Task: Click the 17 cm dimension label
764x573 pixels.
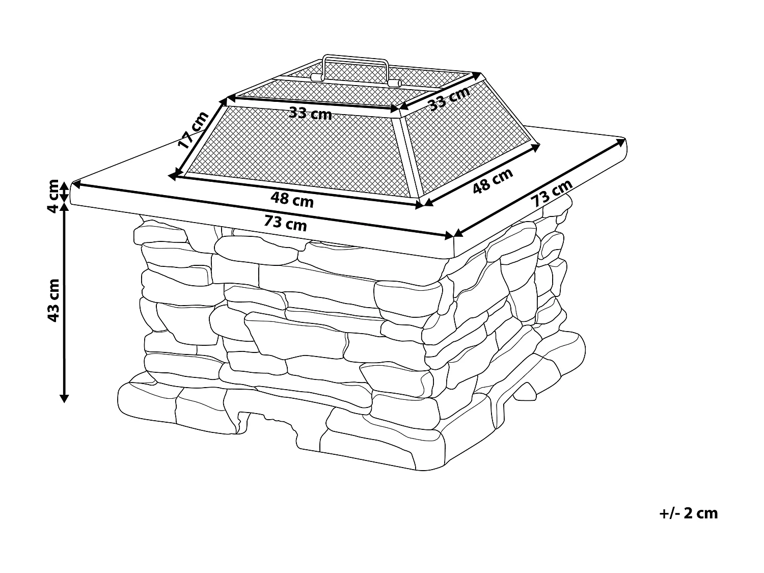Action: (x=193, y=130)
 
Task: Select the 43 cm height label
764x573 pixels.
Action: (x=53, y=300)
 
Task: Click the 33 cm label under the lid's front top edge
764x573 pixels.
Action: (x=310, y=114)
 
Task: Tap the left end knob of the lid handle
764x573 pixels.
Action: (x=316, y=77)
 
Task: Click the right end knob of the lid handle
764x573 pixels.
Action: (x=394, y=83)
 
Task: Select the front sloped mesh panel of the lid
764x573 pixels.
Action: (x=301, y=153)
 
